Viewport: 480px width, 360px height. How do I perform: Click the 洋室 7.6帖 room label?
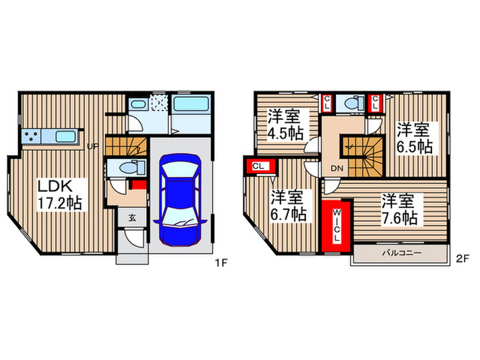click(x=399, y=209)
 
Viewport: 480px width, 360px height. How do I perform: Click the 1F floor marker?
click(x=221, y=261)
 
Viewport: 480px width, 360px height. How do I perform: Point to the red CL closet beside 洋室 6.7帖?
click(x=259, y=166)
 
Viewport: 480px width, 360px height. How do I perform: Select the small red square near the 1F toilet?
click(x=139, y=184)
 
